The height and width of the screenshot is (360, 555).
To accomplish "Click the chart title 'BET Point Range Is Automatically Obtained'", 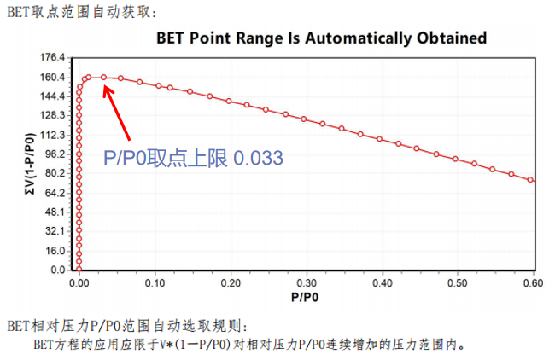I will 322,38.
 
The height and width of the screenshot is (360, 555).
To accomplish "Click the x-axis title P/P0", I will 306,297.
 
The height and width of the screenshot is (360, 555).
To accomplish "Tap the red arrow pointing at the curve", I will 117,111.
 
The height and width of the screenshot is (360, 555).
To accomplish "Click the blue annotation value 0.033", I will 258,158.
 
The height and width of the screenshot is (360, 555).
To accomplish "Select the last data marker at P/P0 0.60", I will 531,180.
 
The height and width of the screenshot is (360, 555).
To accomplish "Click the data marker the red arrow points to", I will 103,78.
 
